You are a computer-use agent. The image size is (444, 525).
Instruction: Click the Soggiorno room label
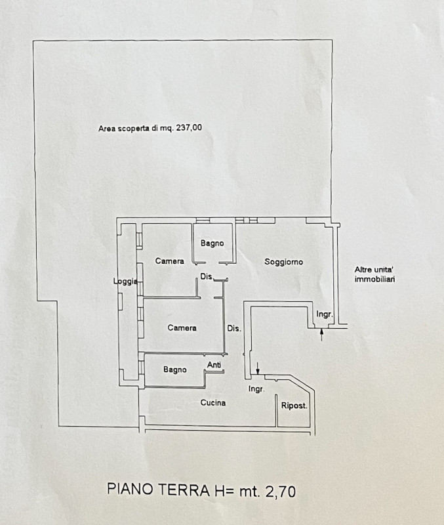pos(283,262)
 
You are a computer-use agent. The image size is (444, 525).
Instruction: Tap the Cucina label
pos(213,402)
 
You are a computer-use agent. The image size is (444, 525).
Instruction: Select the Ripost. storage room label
pos(294,406)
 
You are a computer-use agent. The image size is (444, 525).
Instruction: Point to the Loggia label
pos(125,282)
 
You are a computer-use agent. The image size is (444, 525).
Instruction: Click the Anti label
pos(214,365)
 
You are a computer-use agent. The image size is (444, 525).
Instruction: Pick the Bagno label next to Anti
pos(175,369)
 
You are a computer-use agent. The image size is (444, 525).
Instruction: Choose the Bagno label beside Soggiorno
pos(212,243)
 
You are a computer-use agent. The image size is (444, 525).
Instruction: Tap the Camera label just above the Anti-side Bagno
pos(182,328)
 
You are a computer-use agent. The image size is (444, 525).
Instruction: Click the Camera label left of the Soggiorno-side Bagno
pos(169,261)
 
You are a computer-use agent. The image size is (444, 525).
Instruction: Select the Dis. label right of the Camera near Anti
pos(233,328)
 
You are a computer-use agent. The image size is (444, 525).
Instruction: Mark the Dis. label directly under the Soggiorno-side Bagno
pos(207,276)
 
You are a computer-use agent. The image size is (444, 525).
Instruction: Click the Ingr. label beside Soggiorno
pos(325,314)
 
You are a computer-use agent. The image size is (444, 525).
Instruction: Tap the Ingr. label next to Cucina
pos(256,389)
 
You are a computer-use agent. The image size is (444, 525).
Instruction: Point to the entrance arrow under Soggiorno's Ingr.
pos(321,335)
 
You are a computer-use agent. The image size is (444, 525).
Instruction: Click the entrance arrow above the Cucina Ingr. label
pos(258,369)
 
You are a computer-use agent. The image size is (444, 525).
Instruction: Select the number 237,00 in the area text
pos(188,129)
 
